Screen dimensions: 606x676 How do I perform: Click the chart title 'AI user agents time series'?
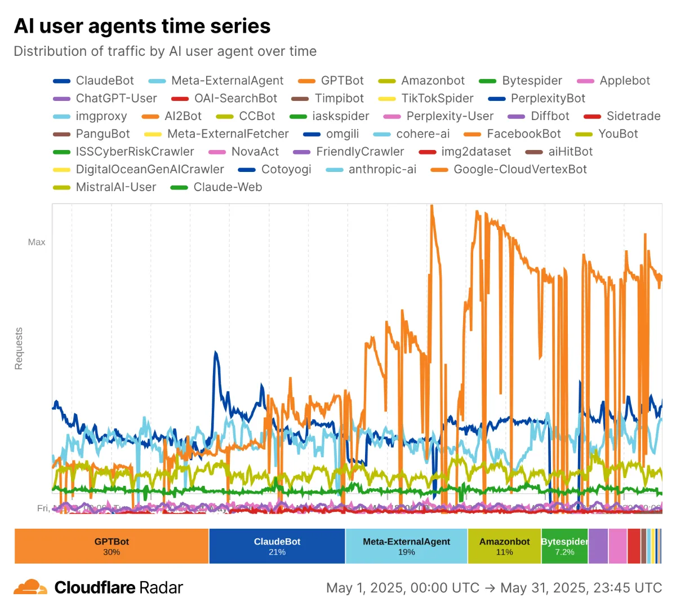coord(142,26)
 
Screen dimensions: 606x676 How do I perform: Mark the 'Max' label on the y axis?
coord(37,242)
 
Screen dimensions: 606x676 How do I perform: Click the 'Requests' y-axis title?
coord(19,348)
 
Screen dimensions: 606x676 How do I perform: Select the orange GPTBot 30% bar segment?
coord(112,546)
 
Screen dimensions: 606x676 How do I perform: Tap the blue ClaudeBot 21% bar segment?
coord(277,546)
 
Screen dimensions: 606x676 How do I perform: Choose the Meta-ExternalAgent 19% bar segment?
coord(406,546)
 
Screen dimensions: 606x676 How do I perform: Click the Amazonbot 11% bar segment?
coord(504,546)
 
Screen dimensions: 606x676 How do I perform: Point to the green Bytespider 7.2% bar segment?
coord(564,546)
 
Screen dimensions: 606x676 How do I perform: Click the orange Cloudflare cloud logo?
coord(30,587)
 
